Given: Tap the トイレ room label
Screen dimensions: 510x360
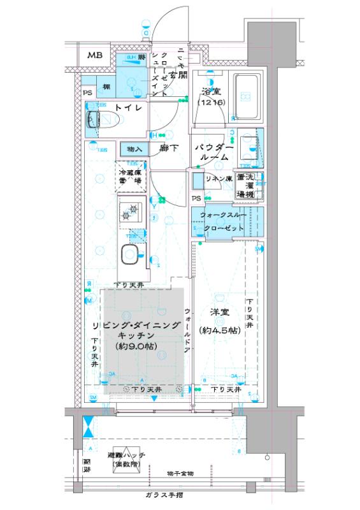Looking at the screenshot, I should pyautogui.click(x=127, y=109).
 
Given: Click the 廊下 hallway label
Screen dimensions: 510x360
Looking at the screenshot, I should pyautogui.click(x=168, y=149).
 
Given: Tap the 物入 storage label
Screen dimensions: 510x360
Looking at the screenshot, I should pyautogui.click(x=134, y=149).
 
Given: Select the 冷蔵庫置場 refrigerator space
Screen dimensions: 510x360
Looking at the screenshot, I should pyautogui.click(x=129, y=176).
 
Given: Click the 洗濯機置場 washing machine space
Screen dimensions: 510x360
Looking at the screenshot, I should pyautogui.click(x=246, y=185).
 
